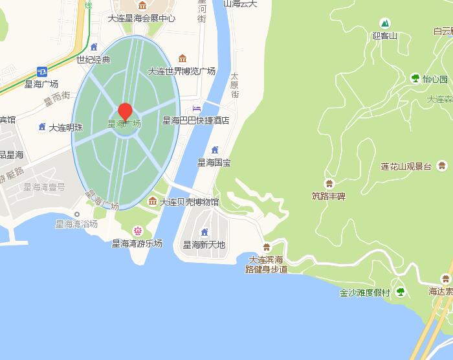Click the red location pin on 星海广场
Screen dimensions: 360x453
click(x=126, y=111)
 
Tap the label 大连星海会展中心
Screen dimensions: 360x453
click(x=142, y=18)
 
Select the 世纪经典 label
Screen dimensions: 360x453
click(x=93, y=60)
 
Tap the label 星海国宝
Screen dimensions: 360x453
click(x=214, y=163)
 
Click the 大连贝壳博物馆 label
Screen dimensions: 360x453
click(x=189, y=202)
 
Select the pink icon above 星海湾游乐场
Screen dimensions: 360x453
click(x=137, y=231)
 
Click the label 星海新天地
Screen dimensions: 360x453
click(x=204, y=245)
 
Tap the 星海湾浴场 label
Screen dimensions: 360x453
click(x=76, y=224)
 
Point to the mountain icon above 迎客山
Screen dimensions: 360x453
click(x=384, y=23)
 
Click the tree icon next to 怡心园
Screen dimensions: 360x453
click(x=415, y=79)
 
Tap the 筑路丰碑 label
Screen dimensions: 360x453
click(x=329, y=196)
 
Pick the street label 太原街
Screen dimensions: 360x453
click(x=235, y=85)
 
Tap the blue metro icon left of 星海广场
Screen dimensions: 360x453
click(x=42, y=71)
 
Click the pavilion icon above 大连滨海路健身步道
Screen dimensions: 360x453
click(x=267, y=247)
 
